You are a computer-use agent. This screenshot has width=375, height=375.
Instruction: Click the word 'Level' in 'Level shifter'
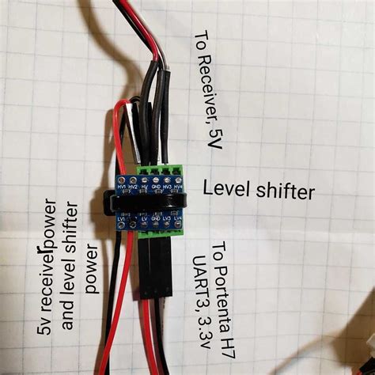pos(225,190)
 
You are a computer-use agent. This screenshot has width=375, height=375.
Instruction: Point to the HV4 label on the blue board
pos(177,187)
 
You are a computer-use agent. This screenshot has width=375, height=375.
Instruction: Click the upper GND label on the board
pos(156,187)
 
